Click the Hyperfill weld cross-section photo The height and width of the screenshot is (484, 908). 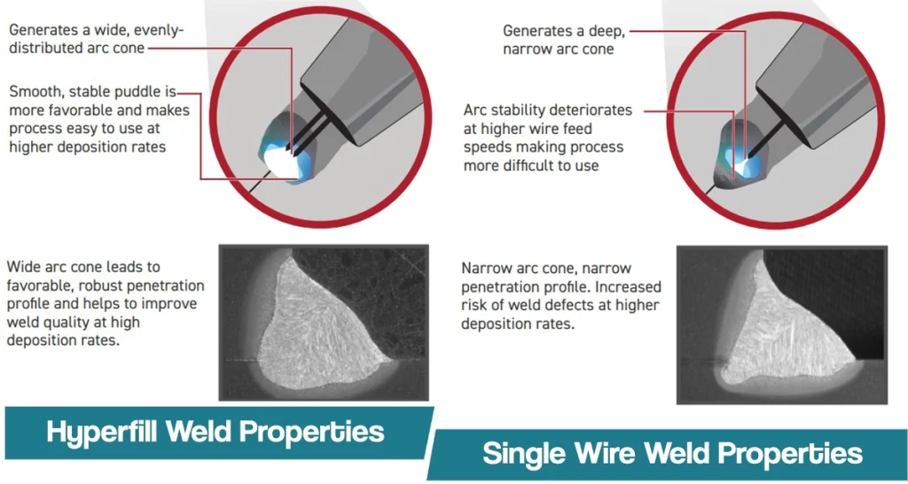(324, 323)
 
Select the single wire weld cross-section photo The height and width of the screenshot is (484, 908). (782, 324)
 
